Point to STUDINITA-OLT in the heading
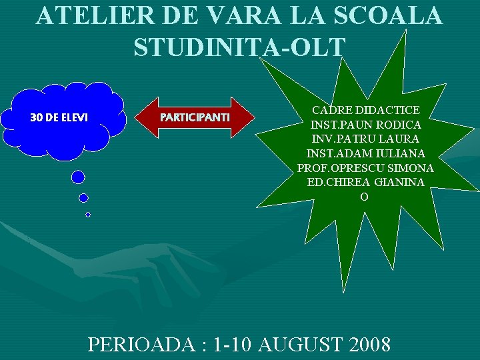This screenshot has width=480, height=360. (x=239, y=47)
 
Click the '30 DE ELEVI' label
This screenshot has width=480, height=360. (x=59, y=117)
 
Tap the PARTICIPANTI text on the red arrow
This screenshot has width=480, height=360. (x=195, y=117)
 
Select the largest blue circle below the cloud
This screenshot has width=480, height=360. (x=79, y=177)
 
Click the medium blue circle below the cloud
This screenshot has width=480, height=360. (x=83, y=197)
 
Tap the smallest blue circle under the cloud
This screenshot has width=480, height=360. (x=87, y=215)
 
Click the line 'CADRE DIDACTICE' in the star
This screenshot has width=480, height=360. (x=366, y=110)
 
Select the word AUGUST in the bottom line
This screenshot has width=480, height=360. (x=296, y=345)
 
